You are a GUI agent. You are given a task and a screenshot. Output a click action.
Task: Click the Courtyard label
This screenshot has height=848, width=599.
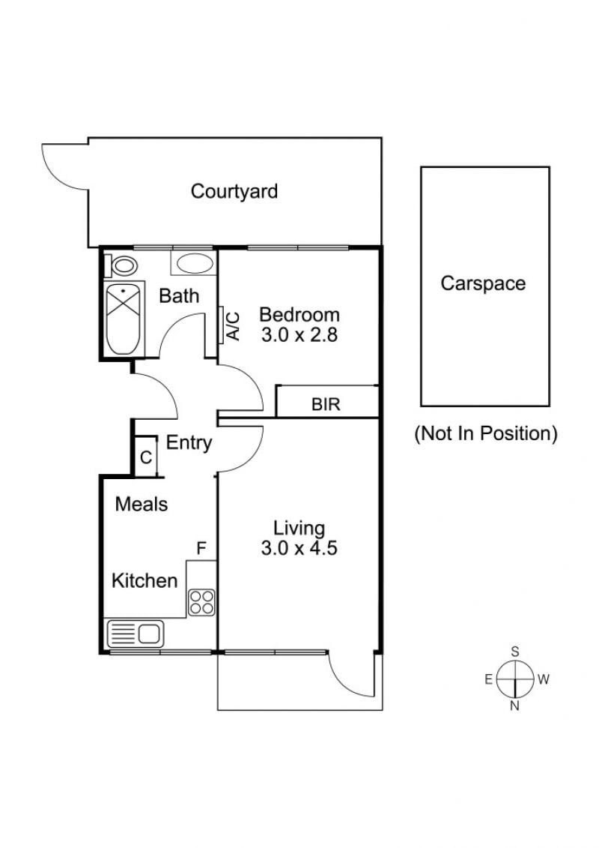pyautogui.click(x=234, y=191)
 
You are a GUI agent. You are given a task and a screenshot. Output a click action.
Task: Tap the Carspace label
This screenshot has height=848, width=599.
pyautogui.click(x=483, y=283)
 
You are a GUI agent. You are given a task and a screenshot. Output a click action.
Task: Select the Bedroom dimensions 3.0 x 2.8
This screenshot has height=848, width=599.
pyautogui.click(x=299, y=334)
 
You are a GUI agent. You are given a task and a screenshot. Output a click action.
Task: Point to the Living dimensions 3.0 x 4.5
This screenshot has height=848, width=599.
pyautogui.click(x=299, y=548)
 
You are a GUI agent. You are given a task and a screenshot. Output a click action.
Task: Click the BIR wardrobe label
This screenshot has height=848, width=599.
pyautogui.click(x=326, y=404)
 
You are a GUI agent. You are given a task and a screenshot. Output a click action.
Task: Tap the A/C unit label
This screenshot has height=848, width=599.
pyautogui.click(x=234, y=325)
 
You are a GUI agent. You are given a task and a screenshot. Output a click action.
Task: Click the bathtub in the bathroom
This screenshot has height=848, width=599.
pyautogui.click(x=123, y=319)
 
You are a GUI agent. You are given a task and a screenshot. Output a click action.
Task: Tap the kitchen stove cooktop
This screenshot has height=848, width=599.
pyautogui.click(x=201, y=602)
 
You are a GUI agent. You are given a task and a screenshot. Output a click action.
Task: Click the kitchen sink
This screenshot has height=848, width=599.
pyautogui.click(x=136, y=634)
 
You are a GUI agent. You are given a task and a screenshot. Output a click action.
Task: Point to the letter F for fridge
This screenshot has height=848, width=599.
pyautogui.click(x=201, y=549)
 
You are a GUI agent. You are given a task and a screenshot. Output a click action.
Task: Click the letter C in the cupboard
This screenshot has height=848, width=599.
pyautogui.click(x=146, y=457)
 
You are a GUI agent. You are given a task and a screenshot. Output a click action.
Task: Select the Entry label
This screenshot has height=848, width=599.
pyautogui.click(x=189, y=443)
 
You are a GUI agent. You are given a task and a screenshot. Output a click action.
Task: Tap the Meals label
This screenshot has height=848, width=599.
pyautogui.click(x=142, y=504)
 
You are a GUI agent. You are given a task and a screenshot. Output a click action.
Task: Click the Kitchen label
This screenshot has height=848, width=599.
pyautogui.click(x=145, y=581)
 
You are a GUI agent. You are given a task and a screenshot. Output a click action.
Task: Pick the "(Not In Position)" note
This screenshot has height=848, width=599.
pyautogui.click(x=486, y=433)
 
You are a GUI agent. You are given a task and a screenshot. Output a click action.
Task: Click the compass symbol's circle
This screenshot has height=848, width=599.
pyautogui.click(x=514, y=679)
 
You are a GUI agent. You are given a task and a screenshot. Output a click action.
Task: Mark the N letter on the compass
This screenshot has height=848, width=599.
pyautogui.click(x=514, y=706)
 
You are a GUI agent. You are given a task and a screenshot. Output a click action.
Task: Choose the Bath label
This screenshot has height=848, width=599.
pyautogui.click(x=179, y=296)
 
